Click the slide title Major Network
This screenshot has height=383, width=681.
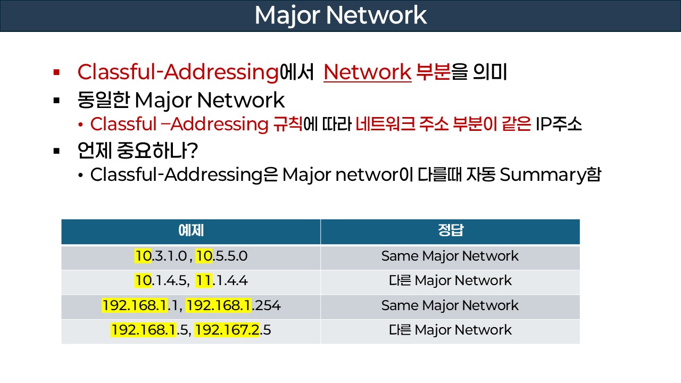(340, 15)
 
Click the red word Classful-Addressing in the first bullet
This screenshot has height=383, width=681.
(178, 72)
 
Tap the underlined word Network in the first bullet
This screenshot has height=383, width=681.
(367, 72)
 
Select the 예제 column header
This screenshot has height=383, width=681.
(190, 231)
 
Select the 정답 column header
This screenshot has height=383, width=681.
(450, 231)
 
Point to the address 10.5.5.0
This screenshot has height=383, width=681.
(222, 256)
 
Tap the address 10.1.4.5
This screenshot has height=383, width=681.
(161, 281)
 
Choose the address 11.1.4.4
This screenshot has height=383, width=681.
(222, 281)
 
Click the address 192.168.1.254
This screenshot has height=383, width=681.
(234, 306)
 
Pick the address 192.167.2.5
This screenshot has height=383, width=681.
(233, 330)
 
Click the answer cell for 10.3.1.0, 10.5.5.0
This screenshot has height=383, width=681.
(450, 256)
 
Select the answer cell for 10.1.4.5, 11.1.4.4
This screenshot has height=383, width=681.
(450, 281)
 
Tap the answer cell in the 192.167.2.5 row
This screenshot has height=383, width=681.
(450, 330)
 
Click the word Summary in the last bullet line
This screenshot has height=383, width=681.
(538, 175)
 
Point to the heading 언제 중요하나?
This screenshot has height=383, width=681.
(138, 151)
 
